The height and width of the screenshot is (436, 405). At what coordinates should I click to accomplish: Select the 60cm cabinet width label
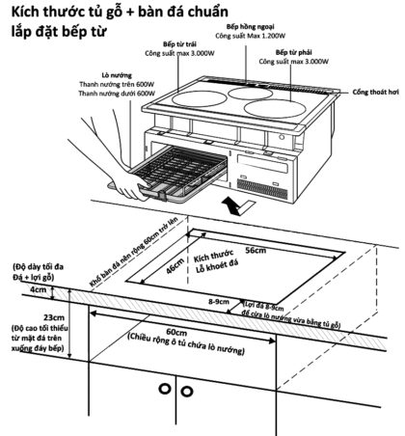coord(175,328)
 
